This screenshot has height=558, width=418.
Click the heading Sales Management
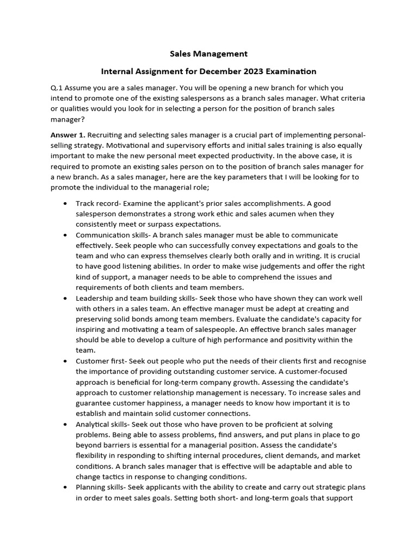[x=208, y=53]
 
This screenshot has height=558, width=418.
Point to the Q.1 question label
[x=57, y=88]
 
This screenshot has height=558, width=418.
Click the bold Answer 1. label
[x=68, y=135]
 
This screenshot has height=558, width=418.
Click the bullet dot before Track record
[x=65, y=203]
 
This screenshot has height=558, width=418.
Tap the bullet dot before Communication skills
[x=65, y=235]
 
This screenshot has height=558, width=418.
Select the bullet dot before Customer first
[x=65, y=361]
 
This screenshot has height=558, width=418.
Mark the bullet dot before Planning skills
[x=65, y=487]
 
